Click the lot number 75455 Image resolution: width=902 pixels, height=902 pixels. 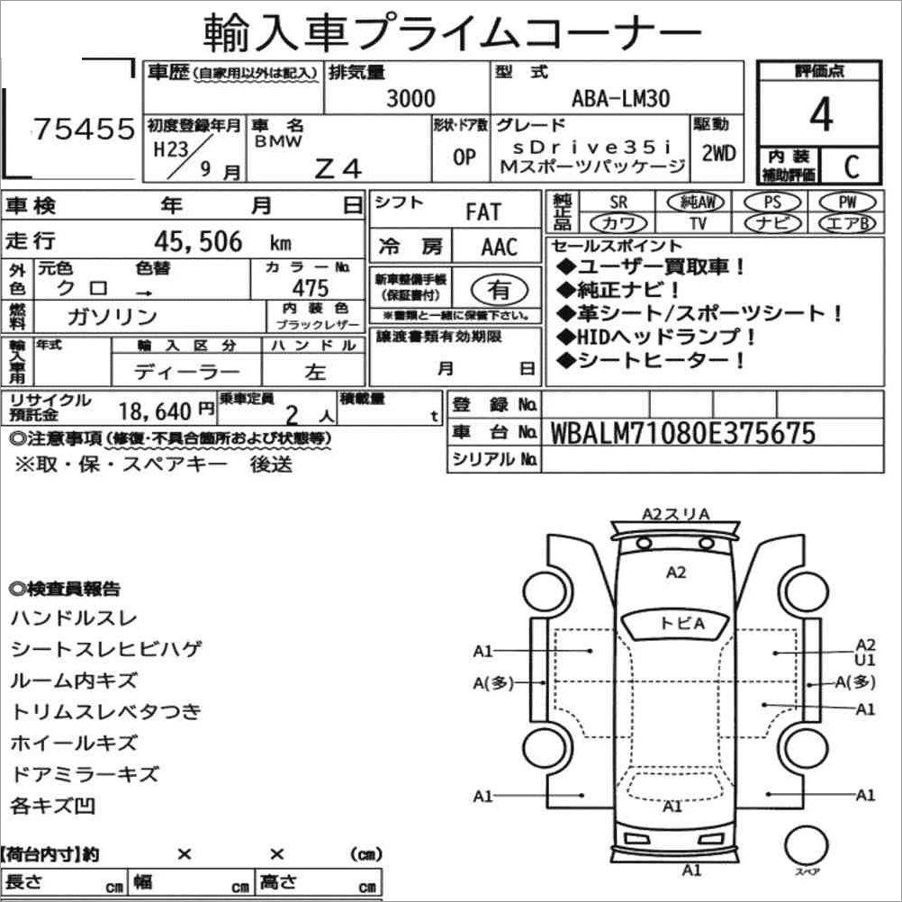[x=83, y=130]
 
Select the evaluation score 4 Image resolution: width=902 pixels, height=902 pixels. [x=819, y=115]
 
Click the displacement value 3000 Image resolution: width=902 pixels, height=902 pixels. [x=410, y=98]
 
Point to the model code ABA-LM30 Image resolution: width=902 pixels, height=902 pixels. [x=620, y=98]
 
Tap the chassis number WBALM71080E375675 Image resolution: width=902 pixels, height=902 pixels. [x=681, y=433]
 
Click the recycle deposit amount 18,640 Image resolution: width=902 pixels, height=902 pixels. [x=156, y=411]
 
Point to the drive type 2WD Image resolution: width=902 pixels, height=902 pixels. [x=718, y=154]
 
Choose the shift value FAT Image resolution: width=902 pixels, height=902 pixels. [x=483, y=212]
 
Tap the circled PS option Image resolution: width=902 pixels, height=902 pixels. [x=771, y=202]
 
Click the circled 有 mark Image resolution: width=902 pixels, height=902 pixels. [x=498, y=289]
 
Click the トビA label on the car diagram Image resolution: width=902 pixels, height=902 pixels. [x=681, y=623]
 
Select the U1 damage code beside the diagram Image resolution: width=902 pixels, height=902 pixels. [x=865, y=660]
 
